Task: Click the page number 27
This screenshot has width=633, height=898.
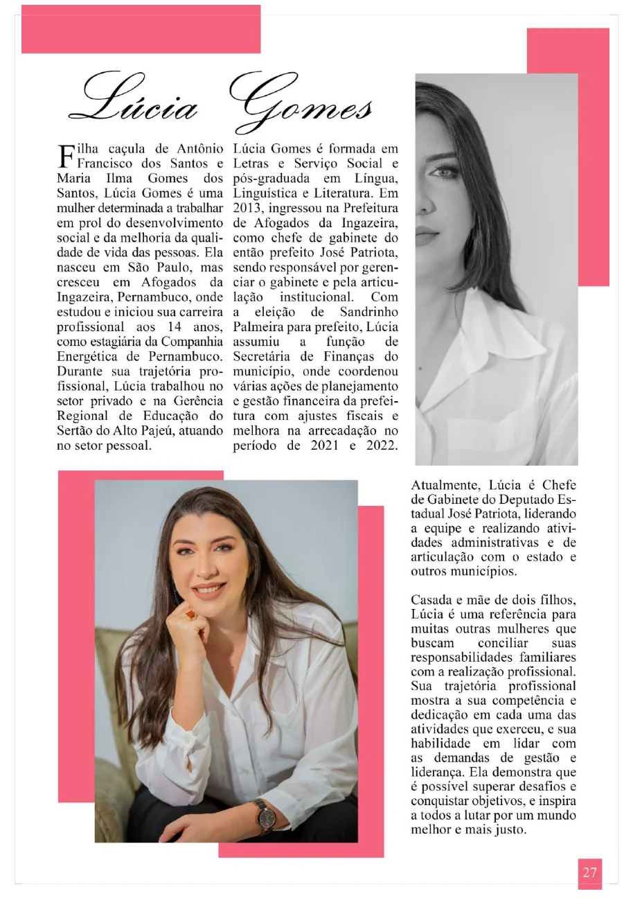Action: pos(589,872)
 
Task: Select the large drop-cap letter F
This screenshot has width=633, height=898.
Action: pos(65,156)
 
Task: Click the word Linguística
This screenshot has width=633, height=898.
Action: pos(265,193)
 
